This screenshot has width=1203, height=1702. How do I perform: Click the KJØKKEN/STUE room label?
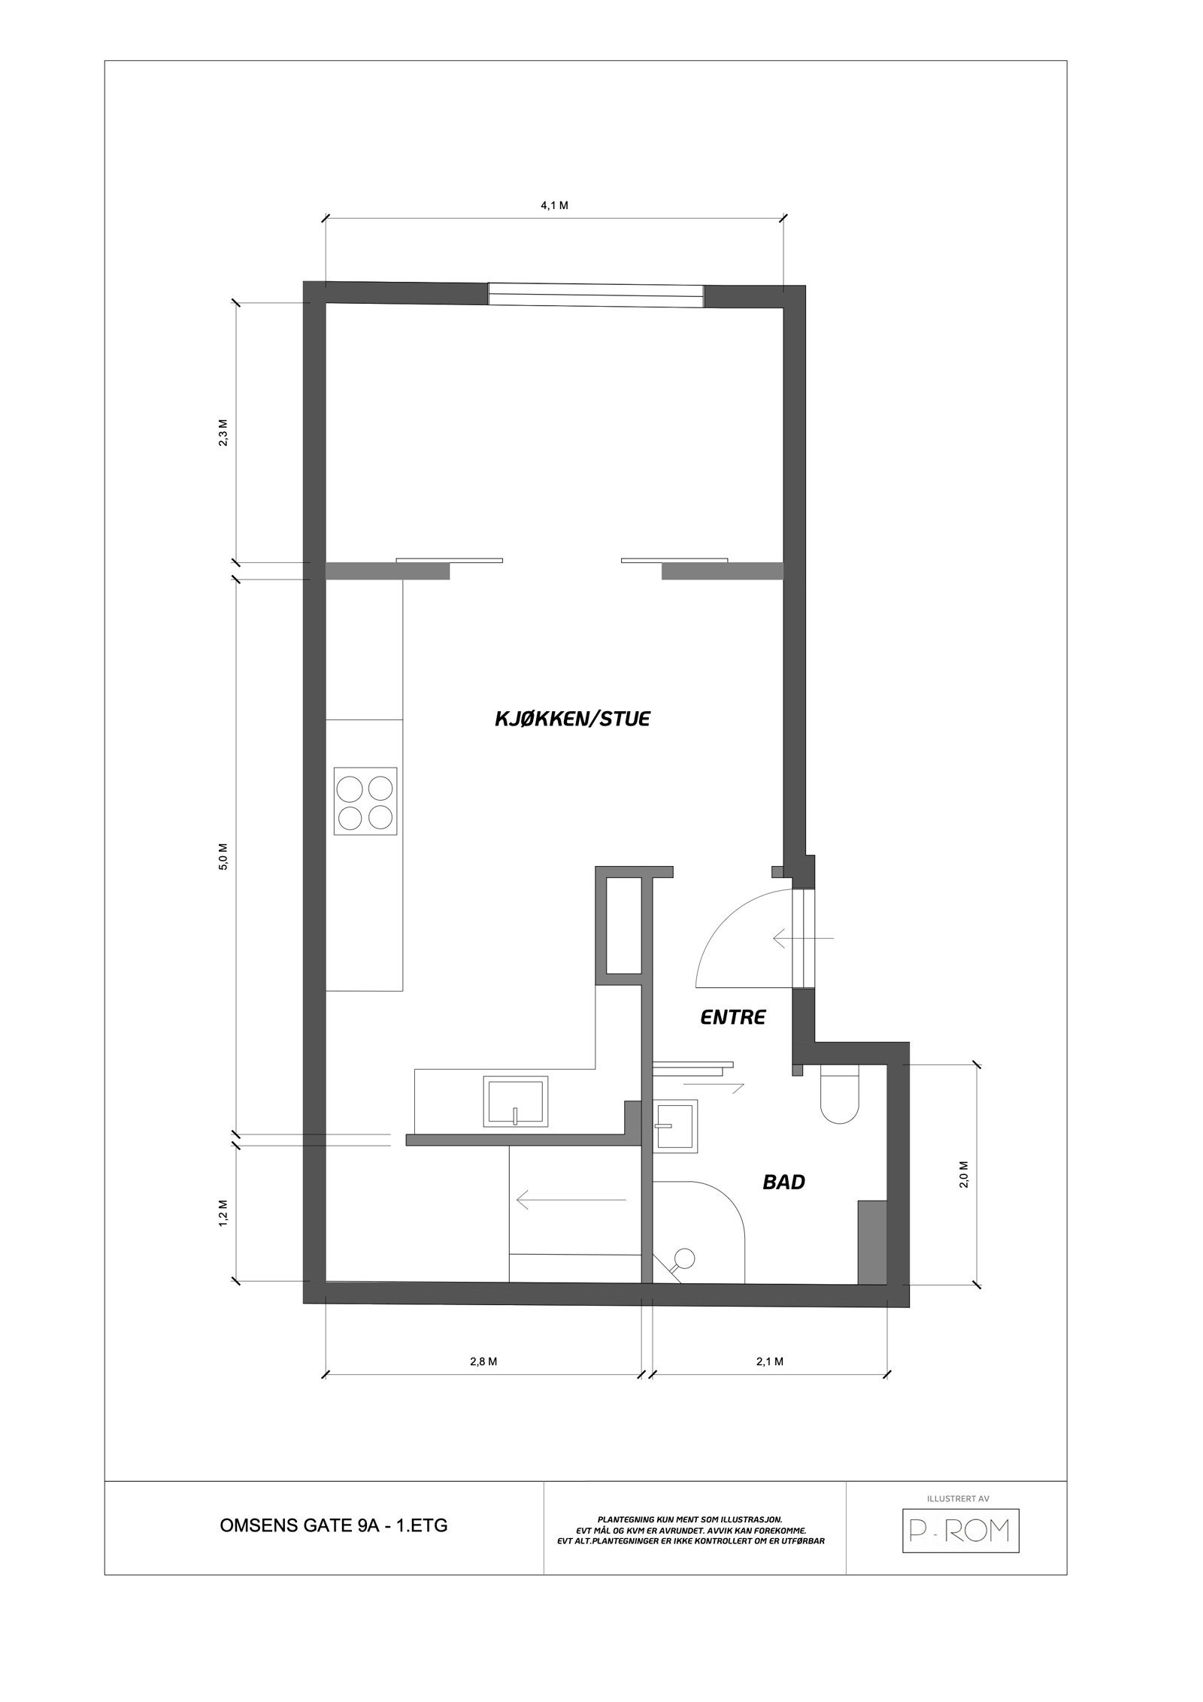click(571, 719)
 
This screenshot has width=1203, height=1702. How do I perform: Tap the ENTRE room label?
click(732, 1018)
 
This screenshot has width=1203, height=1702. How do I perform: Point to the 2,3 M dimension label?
click(223, 434)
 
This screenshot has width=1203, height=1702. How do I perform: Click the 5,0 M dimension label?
click(223, 856)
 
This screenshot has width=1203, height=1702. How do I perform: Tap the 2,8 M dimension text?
click(483, 1361)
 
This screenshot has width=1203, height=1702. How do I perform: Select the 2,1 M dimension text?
click(770, 1361)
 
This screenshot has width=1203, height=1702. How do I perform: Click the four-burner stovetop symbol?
click(365, 801)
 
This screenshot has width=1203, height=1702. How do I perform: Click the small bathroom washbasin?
click(676, 1125)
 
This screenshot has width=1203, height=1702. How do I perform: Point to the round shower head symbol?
click(684, 1256)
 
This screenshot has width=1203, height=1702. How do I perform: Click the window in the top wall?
click(595, 293)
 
